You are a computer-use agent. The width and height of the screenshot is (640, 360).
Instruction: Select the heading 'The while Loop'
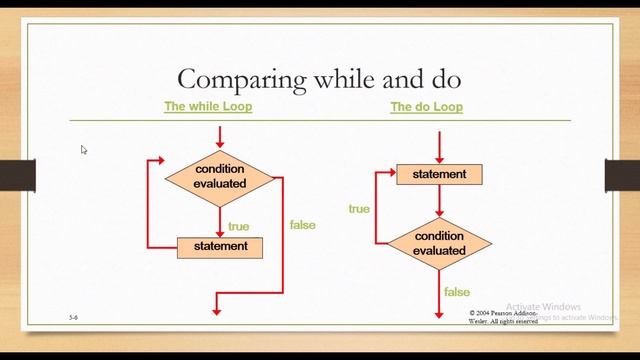(x=208, y=106)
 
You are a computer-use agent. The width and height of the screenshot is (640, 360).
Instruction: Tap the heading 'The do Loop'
(x=426, y=106)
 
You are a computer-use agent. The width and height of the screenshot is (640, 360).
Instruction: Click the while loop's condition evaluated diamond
(x=220, y=176)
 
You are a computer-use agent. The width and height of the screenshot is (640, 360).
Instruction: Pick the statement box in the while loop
(x=220, y=246)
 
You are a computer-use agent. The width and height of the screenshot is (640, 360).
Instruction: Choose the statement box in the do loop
(x=439, y=174)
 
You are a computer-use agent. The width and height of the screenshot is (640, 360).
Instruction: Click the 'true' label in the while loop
(x=239, y=226)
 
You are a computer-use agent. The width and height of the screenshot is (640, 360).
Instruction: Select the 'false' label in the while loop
(x=302, y=225)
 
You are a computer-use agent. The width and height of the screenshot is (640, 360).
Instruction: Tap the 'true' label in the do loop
(x=359, y=209)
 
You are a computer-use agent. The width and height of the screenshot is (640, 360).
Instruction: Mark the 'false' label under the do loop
(x=457, y=292)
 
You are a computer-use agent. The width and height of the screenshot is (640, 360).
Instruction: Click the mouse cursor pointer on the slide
(x=84, y=150)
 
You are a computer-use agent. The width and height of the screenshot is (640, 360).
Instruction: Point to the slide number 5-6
(x=74, y=316)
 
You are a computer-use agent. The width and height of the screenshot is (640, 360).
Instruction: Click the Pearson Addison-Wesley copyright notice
(x=503, y=316)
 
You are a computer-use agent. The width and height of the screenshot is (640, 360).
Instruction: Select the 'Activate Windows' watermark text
(x=543, y=307)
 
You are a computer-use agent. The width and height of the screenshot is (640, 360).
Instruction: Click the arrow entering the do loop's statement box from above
(x=439, y=148)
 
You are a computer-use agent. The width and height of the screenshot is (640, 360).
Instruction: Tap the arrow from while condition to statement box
(x=220, y=218)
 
